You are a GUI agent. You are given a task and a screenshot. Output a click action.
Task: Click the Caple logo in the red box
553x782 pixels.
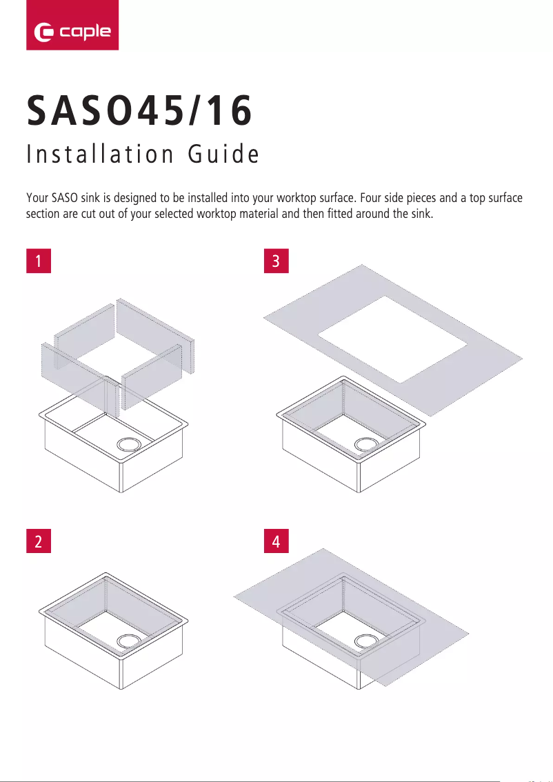tap(72, 32)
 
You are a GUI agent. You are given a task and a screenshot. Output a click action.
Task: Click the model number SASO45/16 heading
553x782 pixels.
tap(139, 112)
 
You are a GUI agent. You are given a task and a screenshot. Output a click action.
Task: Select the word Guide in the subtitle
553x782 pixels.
tap(223, 155)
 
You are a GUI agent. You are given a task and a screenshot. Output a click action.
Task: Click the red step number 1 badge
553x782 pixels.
tap(39, 262)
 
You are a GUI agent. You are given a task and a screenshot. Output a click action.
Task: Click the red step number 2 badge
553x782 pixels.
tap(39, 542)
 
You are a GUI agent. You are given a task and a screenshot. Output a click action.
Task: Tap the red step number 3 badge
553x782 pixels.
tap(276, 262)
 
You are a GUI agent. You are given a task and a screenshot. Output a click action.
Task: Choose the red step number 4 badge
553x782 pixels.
tap(276, 542)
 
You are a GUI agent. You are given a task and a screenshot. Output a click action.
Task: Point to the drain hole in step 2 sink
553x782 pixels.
tap(128, 640)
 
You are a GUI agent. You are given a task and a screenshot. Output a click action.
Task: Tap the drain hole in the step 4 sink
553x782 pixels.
tap(365, 641)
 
